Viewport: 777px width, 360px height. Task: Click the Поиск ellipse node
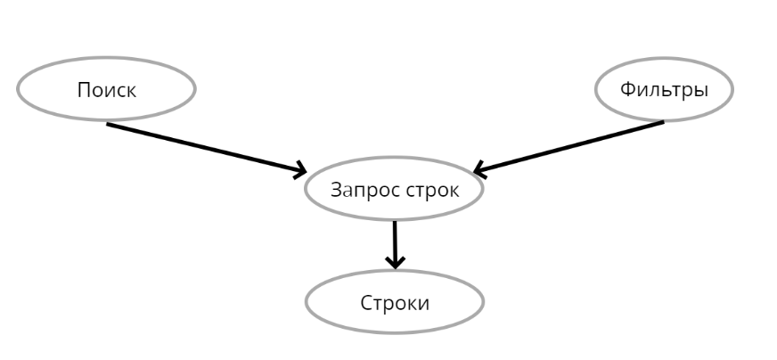(106, 89)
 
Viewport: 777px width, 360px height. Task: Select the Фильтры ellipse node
(664, 89)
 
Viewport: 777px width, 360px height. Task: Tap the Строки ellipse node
(395, 302)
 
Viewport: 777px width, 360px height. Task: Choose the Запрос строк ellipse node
(395, 190)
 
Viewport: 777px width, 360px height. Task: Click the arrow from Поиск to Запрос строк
(205, 147)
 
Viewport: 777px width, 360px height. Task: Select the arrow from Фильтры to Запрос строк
(570, 145)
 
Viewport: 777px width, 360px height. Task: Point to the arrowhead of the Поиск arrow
(299, 169)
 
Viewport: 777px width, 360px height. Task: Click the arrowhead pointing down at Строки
(395, 262)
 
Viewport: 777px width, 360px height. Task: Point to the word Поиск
(106, 89)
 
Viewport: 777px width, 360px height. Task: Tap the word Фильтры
(664, 89)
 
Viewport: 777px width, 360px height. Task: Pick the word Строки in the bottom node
(395, 302)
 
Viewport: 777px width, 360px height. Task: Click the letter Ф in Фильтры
(627, 89)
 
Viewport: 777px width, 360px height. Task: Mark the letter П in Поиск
(83, 89)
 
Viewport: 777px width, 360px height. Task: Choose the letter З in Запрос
(336, 190)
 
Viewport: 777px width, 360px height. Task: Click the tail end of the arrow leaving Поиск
(110, 124)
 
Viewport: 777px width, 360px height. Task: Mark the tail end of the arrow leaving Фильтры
(661, 122)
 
